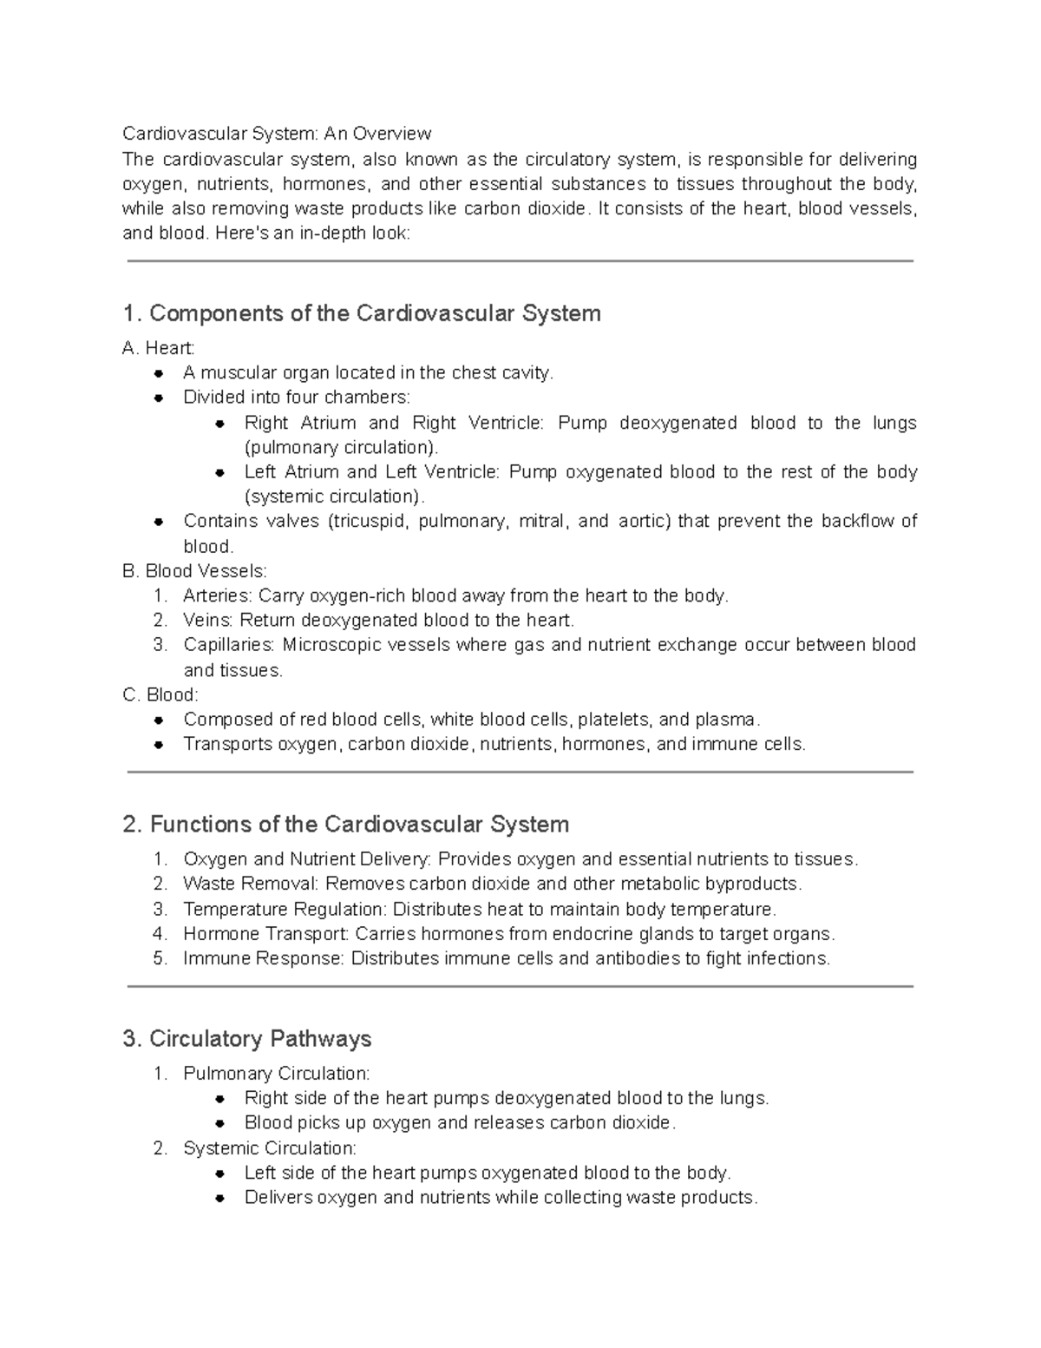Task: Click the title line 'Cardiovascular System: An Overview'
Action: click(x=276, y=134)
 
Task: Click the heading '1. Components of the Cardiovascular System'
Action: click(x=362, y=313)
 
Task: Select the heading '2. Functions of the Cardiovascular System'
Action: click(x=346, y=824)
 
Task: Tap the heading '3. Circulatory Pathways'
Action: click(x=247, y=1039)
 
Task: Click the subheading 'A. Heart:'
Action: click(x=159, y=348)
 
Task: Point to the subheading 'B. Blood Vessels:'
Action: click(x=195, y=571)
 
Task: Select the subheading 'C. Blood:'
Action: click(x=160, y=694)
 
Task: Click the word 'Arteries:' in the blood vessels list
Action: click(x=219, y=595)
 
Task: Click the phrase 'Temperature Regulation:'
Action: click(x=285, y=909)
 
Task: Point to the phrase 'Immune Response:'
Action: click(x=264, y=958)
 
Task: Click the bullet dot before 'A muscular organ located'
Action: click(x=159, y=373)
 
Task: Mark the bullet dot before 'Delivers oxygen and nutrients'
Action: click(x=220, y=1198)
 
